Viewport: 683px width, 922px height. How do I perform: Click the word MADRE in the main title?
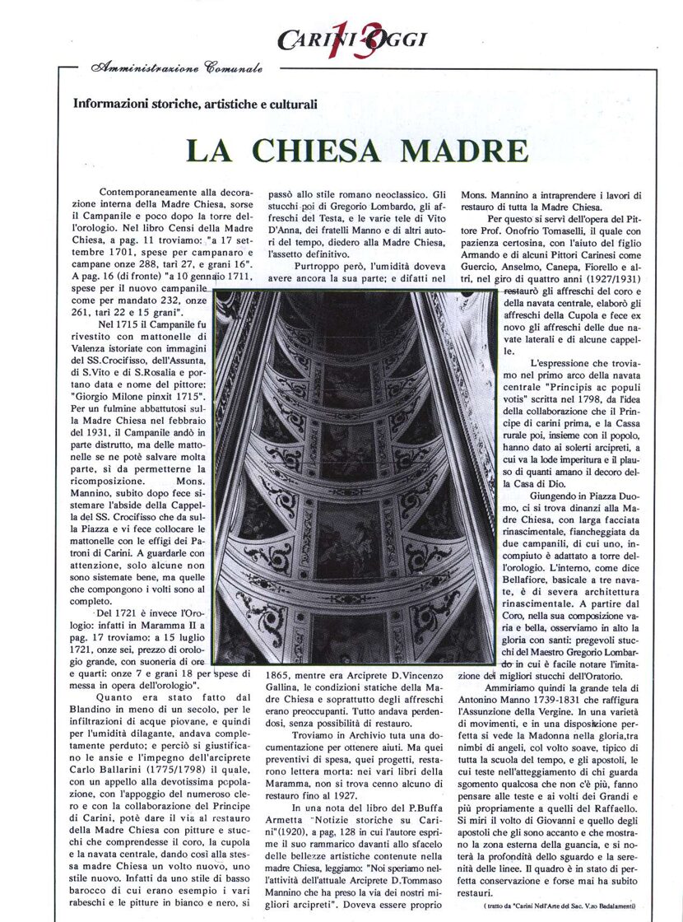(x=458, y=151)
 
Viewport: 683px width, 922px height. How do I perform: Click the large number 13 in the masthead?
(x=341, y=37)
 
